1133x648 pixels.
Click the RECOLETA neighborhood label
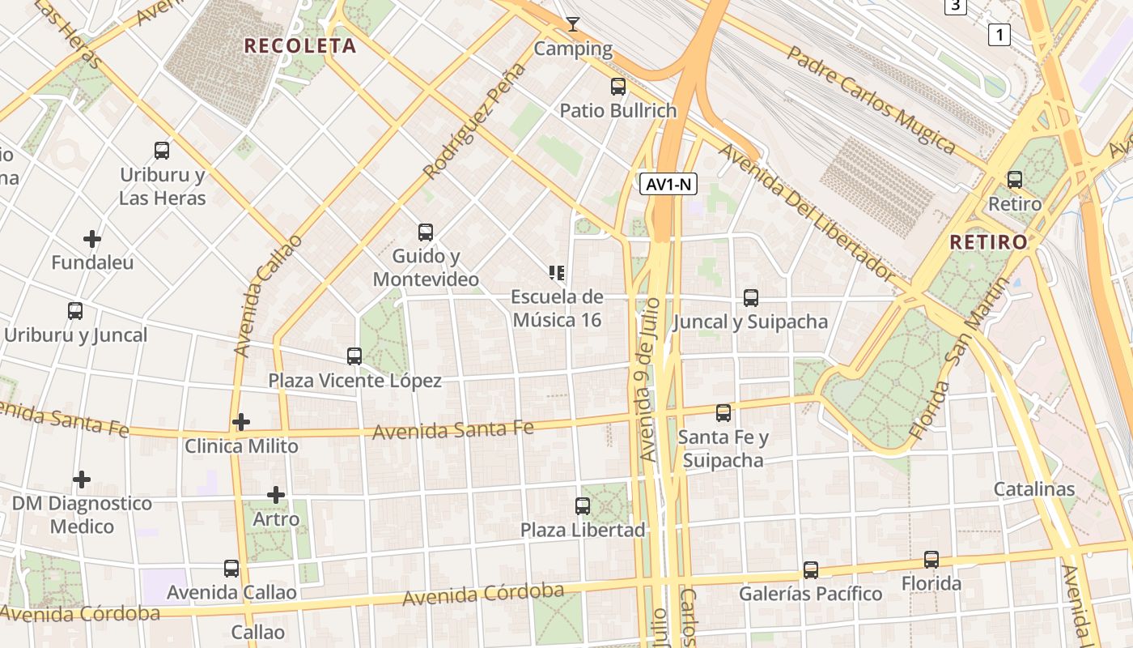point(300,46)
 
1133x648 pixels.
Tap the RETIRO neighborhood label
point(988,241)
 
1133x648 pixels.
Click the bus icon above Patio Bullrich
point(618,87)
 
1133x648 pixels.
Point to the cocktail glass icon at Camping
point(573,24)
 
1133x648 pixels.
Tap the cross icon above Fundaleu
point(92,239)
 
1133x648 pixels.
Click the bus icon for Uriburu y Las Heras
point(162,150)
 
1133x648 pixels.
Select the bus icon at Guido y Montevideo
point(426,232)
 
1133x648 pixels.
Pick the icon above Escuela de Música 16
point(557,272)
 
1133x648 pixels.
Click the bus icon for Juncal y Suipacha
point(751,298)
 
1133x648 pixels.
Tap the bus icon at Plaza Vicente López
point(354,356)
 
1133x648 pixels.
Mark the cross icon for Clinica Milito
point(241,422)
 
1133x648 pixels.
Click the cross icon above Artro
point(276,495)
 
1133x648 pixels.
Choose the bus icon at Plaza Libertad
point(583,506)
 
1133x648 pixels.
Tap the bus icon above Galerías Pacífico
point(811,570)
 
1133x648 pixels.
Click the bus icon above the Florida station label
point(931,560)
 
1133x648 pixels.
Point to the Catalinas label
point(1034,489)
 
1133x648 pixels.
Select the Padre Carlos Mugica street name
point(871,100)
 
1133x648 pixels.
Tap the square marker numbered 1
point(999,35)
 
